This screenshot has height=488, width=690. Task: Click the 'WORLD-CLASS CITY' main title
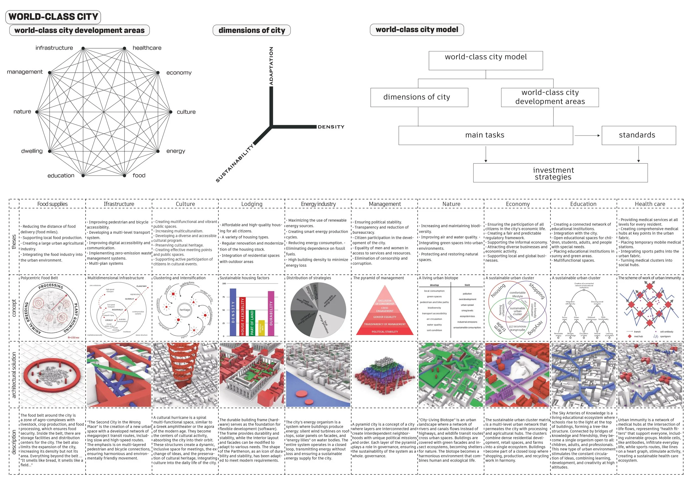point(53,17)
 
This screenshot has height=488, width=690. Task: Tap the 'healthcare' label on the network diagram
point(147,48)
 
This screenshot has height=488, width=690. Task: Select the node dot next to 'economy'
point(158,73)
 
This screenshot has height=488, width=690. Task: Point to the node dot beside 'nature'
point(37,112)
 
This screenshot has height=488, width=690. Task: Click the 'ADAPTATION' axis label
point(271,66)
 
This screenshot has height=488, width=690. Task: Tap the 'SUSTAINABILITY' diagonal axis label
point(235,163)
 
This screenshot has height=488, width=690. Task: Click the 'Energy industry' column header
point(318,204)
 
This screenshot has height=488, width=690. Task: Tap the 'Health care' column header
point(650,204)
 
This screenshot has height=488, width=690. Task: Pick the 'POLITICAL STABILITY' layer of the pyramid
point(385,332)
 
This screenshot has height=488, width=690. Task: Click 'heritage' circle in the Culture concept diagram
point(185,310)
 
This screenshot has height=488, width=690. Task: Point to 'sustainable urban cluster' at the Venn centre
point(517,311)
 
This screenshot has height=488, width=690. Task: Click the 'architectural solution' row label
point(14,375)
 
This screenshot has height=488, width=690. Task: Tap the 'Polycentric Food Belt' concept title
point(39,278)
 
